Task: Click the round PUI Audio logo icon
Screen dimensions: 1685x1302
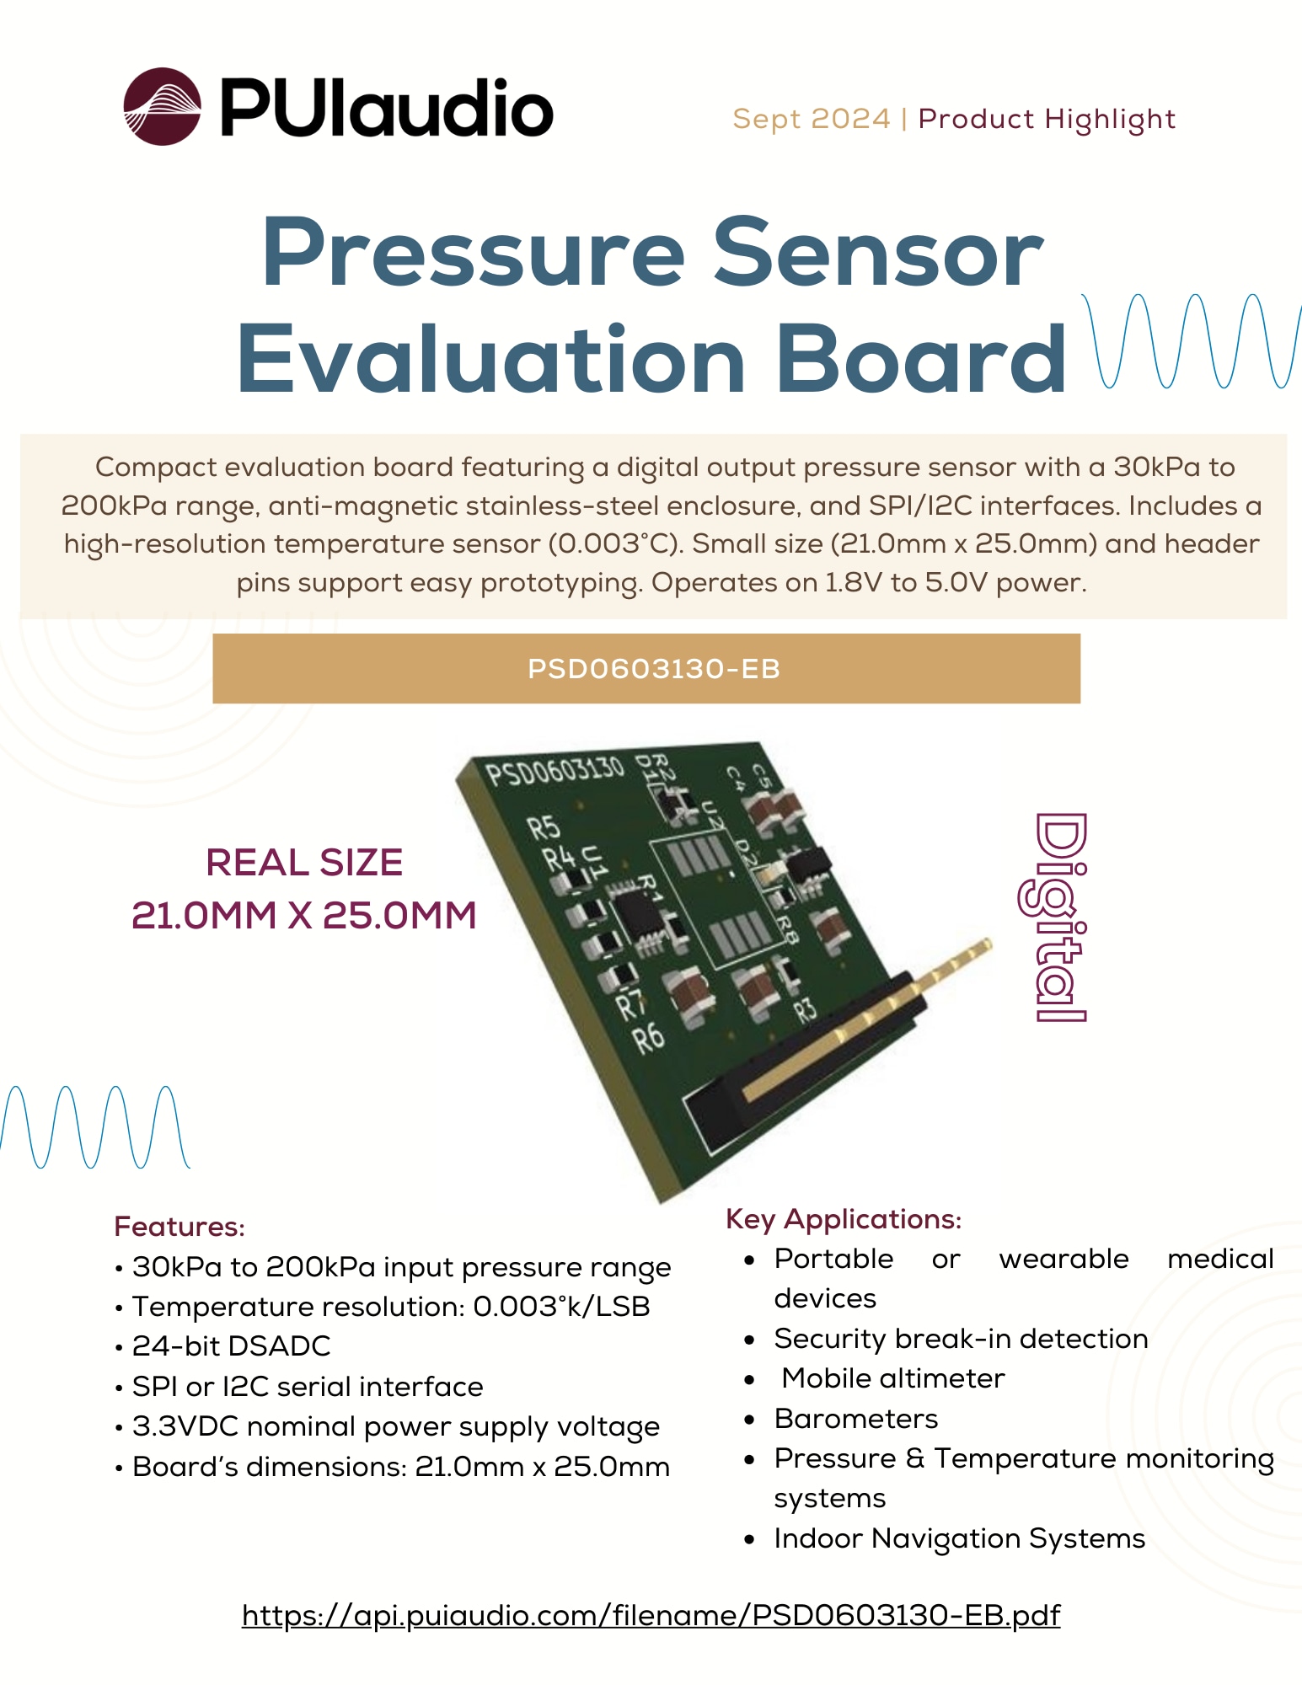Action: click(162, 107)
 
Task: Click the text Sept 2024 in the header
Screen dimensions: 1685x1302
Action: click(811, 119)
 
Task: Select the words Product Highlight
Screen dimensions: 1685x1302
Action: click(1046, 119)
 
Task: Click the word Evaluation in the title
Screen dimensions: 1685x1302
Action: click(491, 360)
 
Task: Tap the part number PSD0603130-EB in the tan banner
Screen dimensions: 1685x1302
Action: click(653, 669)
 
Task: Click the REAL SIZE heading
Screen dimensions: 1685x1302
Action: click(304, 863)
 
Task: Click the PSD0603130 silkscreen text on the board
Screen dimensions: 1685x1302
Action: click(555, 771)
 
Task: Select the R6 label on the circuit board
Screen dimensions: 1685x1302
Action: click(648, 1038)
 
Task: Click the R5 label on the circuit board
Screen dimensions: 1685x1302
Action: click(544, 827)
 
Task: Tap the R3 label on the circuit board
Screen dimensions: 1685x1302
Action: click(805, 1008)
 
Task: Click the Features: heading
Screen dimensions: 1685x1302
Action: click(179, 1227)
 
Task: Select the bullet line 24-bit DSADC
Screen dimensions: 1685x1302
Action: click(231, 1346)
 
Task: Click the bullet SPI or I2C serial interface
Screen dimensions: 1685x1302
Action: click(308, 1387)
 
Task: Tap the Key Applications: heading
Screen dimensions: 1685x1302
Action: click(844, 1219)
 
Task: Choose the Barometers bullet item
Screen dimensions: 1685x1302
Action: click(855, 1419)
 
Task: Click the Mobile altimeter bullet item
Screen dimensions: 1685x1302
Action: click(892, 1378)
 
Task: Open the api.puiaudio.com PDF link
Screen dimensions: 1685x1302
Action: click(651, 1615)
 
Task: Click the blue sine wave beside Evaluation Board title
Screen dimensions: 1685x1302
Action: click(1192, 341)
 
